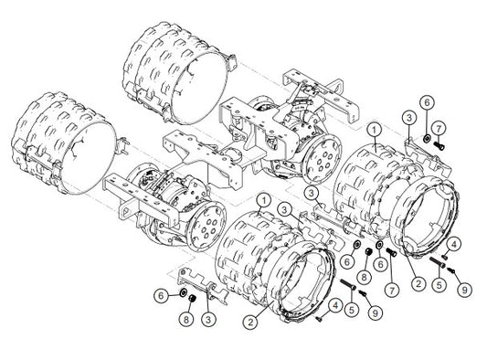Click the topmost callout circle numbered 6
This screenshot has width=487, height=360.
tap(427, 102)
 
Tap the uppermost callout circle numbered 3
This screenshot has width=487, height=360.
tap(408, 118)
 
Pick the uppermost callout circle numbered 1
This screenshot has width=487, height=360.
tap(374, 129)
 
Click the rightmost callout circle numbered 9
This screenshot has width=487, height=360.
tap(465, 290)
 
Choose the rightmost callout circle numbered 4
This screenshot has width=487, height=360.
tap(454, 245)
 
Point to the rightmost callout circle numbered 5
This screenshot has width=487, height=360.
tap(439, 284)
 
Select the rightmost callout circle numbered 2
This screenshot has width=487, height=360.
tap(418, 283)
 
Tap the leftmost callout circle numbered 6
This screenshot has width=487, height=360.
tap(161, 295)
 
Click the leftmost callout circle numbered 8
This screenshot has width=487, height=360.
tap(186, 319)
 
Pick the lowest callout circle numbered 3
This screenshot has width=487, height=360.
tap(208, 319)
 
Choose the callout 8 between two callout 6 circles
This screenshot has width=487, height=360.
tap(365, 276)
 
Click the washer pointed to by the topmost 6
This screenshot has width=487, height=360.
tap(427, 138)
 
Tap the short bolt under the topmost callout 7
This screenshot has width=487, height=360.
tap(439, 144)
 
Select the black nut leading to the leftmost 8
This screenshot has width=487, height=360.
tap(192, 299)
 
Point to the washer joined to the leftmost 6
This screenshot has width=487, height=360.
tap(184, 291)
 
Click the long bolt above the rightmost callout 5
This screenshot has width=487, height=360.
tap(438, 262)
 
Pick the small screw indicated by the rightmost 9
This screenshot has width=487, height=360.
tap(451, 270)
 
